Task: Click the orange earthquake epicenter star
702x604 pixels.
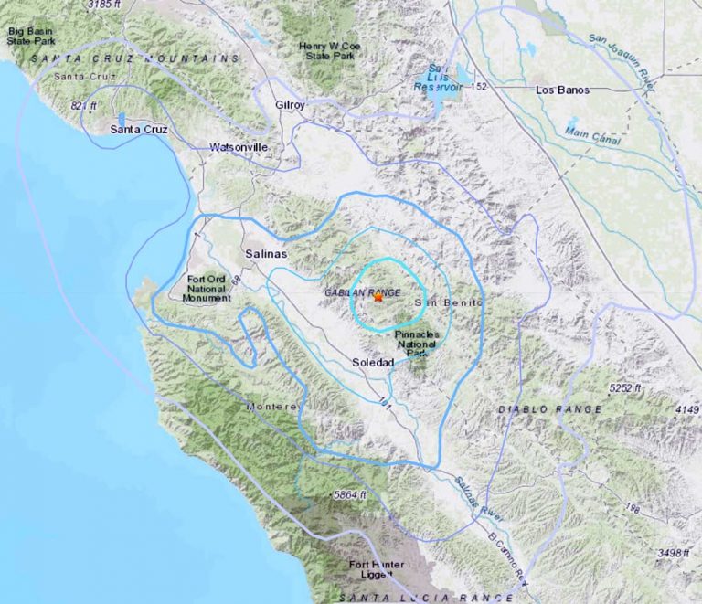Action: pyautogui.click(x=378, y=296)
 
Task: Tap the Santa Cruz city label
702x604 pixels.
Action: pyautogui.click(x=139, y=130)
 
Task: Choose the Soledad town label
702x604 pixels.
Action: pyautogui.click(x=373, y=363)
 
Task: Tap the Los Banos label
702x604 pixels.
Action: pyautogui.click(x=562, y=90)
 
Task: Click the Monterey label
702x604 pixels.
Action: pyautogui.click(x=272, y=406)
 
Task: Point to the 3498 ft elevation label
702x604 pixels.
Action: pyautogui.click(x=653, y=553)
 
